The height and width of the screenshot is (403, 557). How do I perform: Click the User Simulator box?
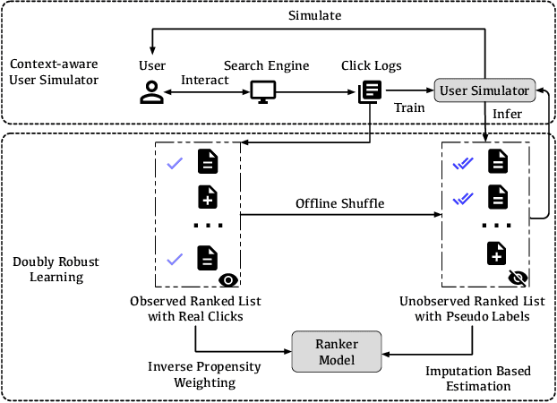(x=484, y=90)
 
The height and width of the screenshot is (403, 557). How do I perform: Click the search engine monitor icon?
(x=262, y=90)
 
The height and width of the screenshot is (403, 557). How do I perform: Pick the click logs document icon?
(x=370, y=90)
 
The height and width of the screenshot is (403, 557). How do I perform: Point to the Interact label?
(x=205, y=81)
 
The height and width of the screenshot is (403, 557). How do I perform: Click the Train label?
(x=409, y=107)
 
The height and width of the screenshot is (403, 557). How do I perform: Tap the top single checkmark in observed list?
(x=176, y=162)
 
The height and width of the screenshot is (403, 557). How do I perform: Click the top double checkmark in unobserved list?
(x=462, y=162)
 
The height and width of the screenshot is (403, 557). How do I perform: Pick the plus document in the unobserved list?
(x=497, y=253)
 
